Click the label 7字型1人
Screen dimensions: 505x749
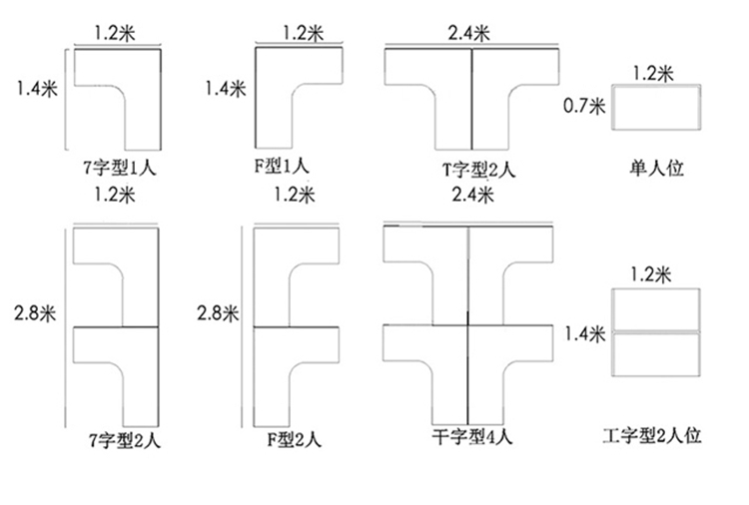click(123, 168)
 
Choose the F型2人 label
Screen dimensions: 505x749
click(295, 437)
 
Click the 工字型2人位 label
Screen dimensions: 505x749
click(653, 436)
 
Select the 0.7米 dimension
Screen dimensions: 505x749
click(584, 105)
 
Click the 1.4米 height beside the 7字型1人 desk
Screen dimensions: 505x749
click(37, 88)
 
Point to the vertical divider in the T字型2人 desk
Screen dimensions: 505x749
click(471, 100)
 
